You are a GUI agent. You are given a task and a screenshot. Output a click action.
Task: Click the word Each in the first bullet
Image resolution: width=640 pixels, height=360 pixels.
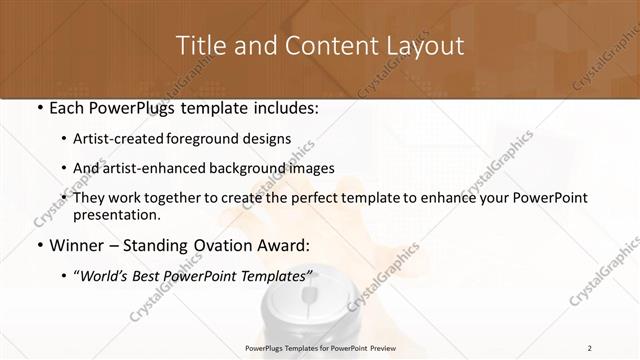click(x=64, y=105)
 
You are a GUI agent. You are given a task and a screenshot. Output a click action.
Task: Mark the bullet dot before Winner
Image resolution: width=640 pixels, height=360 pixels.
click(x=38, y=245)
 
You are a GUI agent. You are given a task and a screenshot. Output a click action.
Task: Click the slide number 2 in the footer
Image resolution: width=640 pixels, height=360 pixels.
click(x=589, y=347)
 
